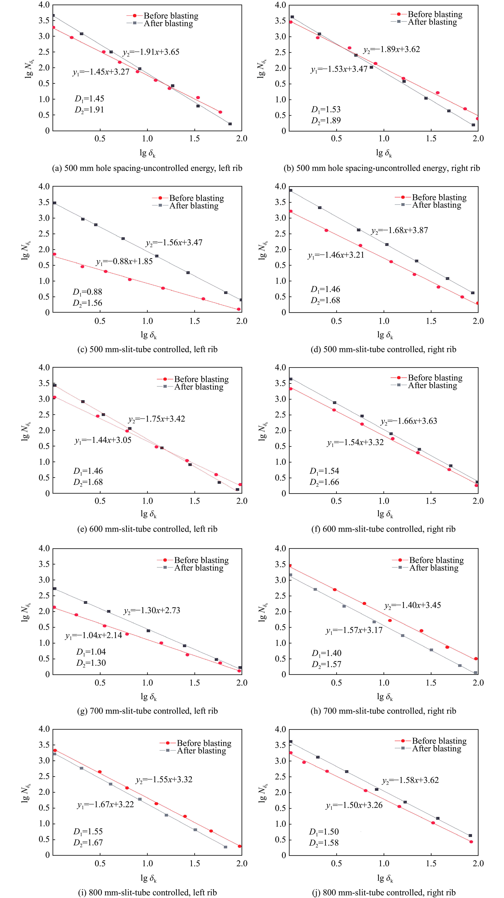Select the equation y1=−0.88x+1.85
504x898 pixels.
(x=124, y=261)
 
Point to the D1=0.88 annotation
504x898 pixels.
(x=87, y=292)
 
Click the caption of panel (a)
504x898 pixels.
(x=147, y=168)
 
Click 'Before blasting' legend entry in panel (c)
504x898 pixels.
(x=196, y=198)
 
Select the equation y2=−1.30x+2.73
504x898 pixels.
(x=152, y=610)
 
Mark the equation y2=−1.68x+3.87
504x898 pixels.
(x=399, y=230)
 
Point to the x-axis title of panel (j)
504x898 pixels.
(x=385, y=878)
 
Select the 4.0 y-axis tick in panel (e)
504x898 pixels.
(x=44, y=367)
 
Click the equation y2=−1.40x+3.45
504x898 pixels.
(x=413, y=605)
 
